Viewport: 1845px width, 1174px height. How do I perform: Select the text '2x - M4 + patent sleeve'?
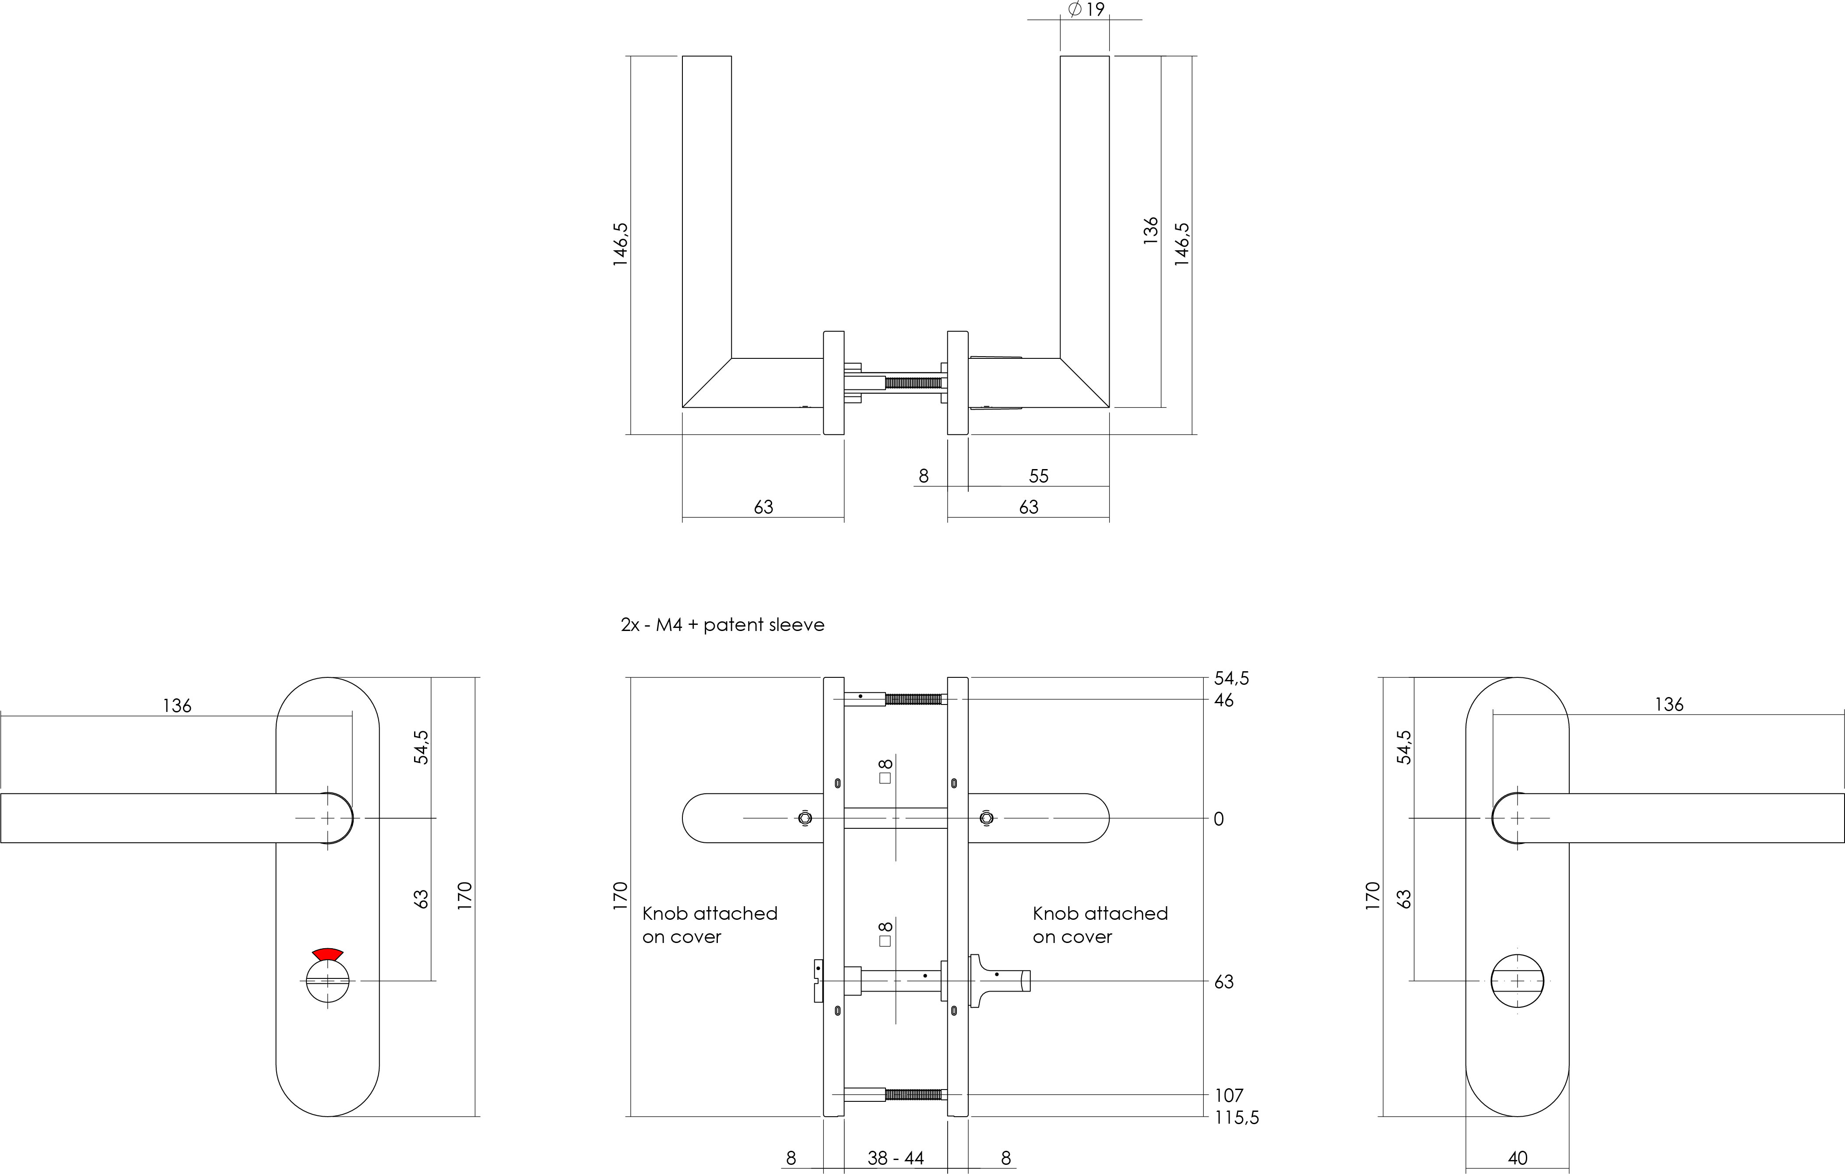(723, 625)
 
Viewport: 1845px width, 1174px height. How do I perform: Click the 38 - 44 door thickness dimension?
(896, 1158)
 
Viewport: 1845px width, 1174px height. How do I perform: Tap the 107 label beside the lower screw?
(1229, 1095)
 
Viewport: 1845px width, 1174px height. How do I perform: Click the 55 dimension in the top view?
(1038, 477)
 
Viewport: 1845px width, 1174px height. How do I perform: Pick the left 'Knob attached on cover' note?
(710, 924)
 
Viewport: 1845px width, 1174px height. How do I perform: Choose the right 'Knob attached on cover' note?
(1100, 924)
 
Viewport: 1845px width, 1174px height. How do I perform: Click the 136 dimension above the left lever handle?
(177, 705)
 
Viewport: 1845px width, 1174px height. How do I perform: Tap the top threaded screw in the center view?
(913, 698)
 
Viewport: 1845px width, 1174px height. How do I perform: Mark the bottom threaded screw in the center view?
(913, 1094)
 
